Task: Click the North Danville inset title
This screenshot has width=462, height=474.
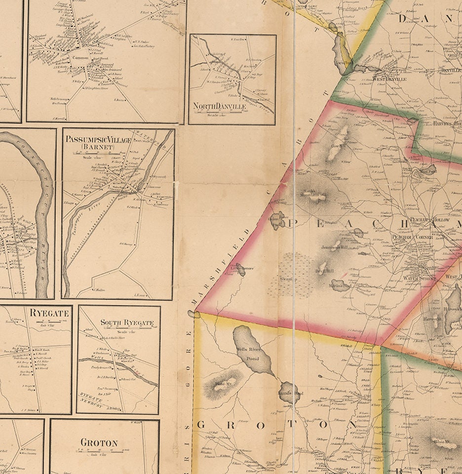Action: tap(218, 106)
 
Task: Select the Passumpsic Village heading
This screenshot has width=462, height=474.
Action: tap(98, 140)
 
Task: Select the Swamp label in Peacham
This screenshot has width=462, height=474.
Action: tap(287, 280)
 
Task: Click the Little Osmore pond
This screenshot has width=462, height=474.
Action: tap(240, 268)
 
